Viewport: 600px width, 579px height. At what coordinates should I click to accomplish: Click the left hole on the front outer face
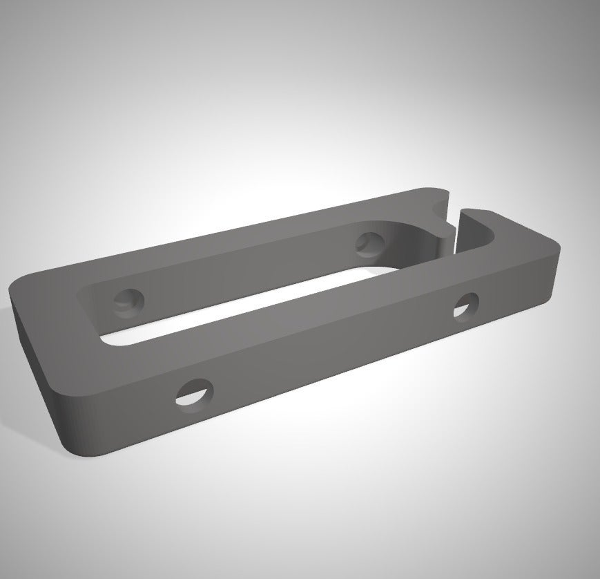(195, 392)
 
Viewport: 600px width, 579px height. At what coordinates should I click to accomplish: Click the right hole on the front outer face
(466, 305)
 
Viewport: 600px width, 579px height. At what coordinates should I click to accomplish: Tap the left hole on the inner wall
(128, 301)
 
